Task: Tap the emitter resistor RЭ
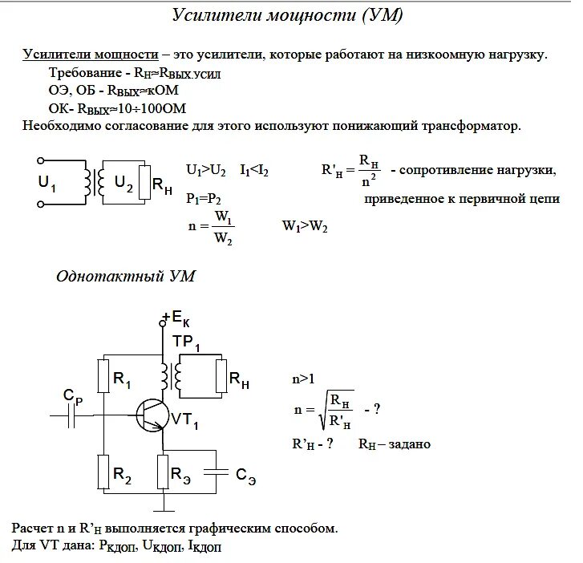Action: pos(164,472)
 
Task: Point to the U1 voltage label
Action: pos(47,183)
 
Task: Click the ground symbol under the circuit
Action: pos(164,504)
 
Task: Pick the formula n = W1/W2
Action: pos(211,226)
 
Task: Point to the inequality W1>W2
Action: pos(305,227)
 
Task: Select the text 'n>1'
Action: pos(302,378)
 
